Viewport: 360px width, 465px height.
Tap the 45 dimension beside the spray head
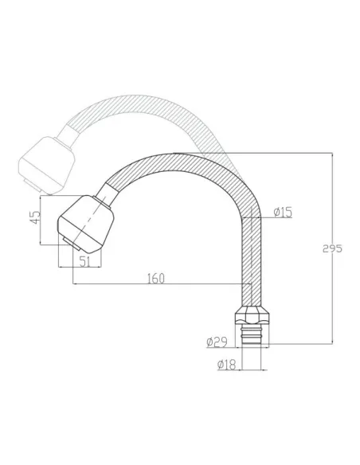coord(34,218)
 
